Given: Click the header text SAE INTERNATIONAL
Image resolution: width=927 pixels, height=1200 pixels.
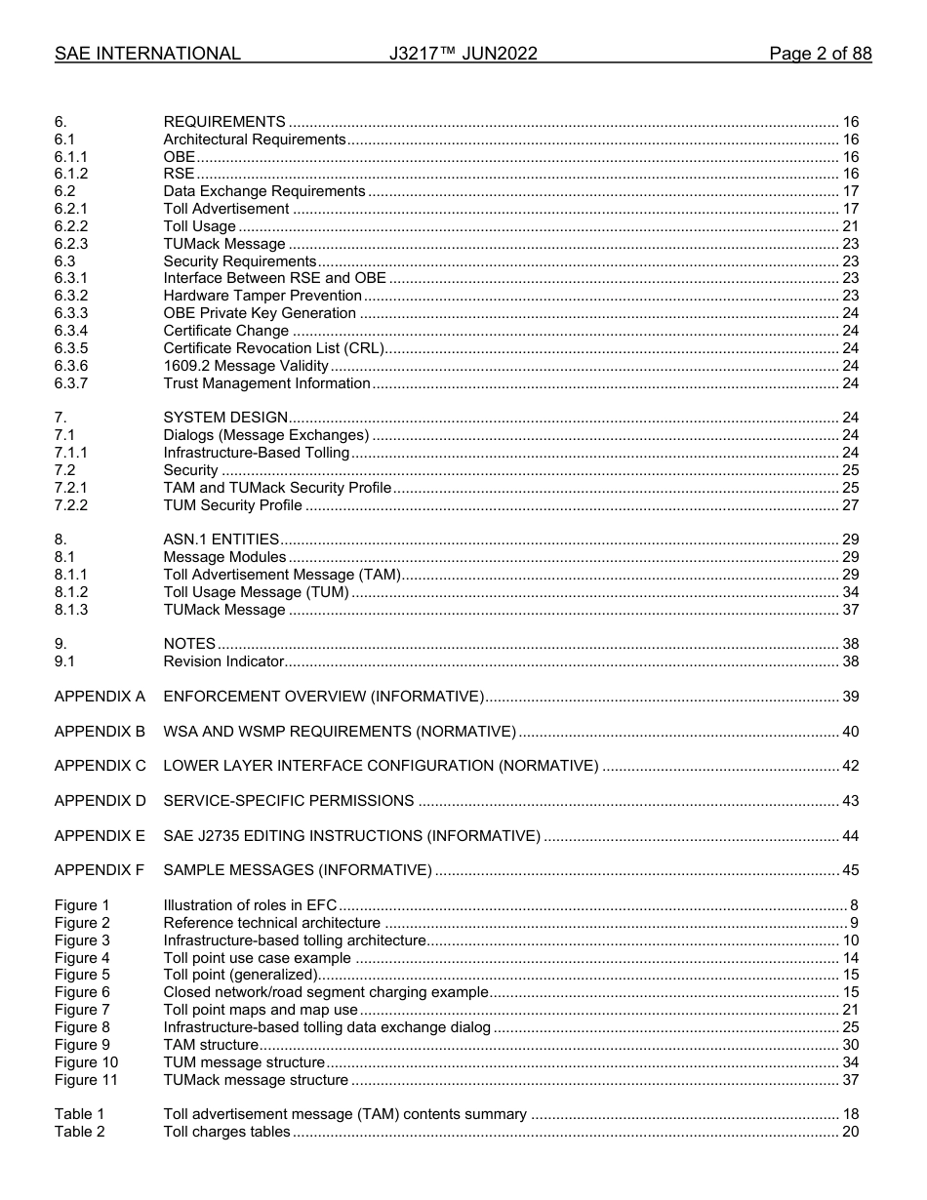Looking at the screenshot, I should (147, 55).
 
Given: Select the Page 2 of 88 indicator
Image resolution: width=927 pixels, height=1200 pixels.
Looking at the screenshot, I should (820, 55).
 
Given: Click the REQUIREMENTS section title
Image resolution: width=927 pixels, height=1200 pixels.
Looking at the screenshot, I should (224, 122).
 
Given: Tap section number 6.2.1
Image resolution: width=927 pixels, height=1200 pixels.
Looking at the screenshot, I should (71, 209).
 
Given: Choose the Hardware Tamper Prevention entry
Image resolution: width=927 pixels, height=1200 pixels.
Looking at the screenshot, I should (262, 296).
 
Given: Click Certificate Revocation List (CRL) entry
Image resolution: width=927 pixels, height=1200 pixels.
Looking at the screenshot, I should (273, 348).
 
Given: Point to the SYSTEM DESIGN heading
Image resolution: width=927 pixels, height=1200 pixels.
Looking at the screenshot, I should (225, 418).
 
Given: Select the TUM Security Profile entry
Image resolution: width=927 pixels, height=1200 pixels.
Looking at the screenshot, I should (232, 505).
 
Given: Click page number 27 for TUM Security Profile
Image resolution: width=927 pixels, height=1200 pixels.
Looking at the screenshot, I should (850, 505).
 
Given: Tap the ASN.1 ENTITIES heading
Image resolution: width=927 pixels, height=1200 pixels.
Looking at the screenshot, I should (222, 540).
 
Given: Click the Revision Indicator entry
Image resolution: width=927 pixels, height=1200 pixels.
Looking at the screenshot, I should (223, 661).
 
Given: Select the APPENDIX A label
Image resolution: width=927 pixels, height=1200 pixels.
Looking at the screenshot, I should (100, 697).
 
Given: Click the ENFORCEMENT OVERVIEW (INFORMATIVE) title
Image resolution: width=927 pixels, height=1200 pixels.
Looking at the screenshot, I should (323, 697).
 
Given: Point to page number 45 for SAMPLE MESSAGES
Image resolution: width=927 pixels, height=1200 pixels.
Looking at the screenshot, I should (850, 870).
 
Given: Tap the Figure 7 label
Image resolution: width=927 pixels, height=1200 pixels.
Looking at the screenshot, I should (82, 1010).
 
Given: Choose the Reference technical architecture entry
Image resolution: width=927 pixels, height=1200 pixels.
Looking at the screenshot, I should (271, 923).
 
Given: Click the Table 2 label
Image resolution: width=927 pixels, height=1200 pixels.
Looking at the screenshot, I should (79, 1132).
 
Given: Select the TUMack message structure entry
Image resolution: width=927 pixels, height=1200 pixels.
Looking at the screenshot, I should (255, 1080).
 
